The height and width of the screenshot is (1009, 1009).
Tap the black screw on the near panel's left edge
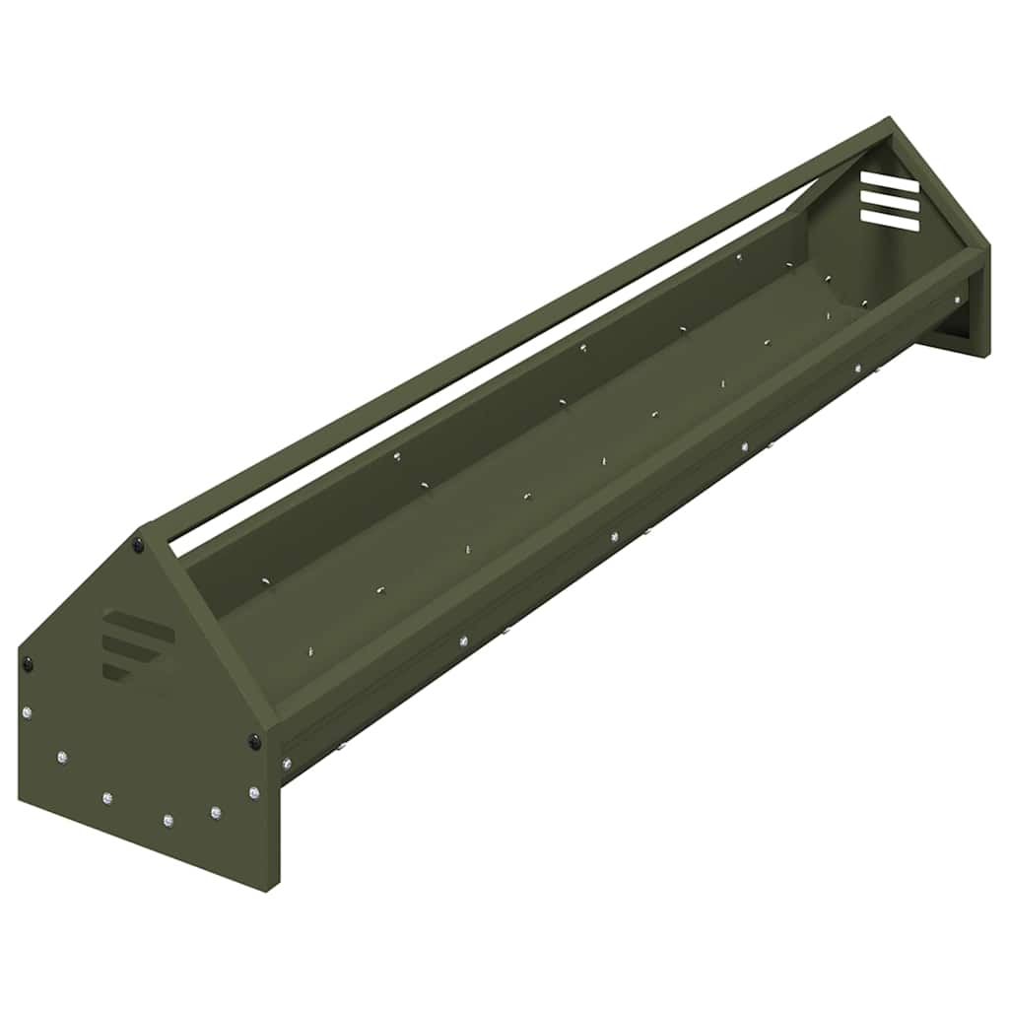click(x=28, y=665)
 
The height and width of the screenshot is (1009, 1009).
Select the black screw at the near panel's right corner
click(x=254, y=741)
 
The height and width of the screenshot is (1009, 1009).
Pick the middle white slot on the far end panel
click(x=890, y=202)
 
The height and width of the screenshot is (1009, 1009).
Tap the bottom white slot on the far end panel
click(x=890, y=223)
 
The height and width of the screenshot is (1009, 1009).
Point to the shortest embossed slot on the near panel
click(x=115, y=671)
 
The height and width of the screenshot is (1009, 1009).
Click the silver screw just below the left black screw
click(x=28, y=712)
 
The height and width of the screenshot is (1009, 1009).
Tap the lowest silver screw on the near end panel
click(x=168, y=820)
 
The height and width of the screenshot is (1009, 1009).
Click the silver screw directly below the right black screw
click(x=254, y=792)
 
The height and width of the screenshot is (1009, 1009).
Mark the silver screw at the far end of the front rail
click(x=956, y=300)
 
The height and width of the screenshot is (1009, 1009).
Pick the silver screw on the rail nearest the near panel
click(x=287, y=763)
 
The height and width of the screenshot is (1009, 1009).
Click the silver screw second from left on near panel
click(x=62, y=757)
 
